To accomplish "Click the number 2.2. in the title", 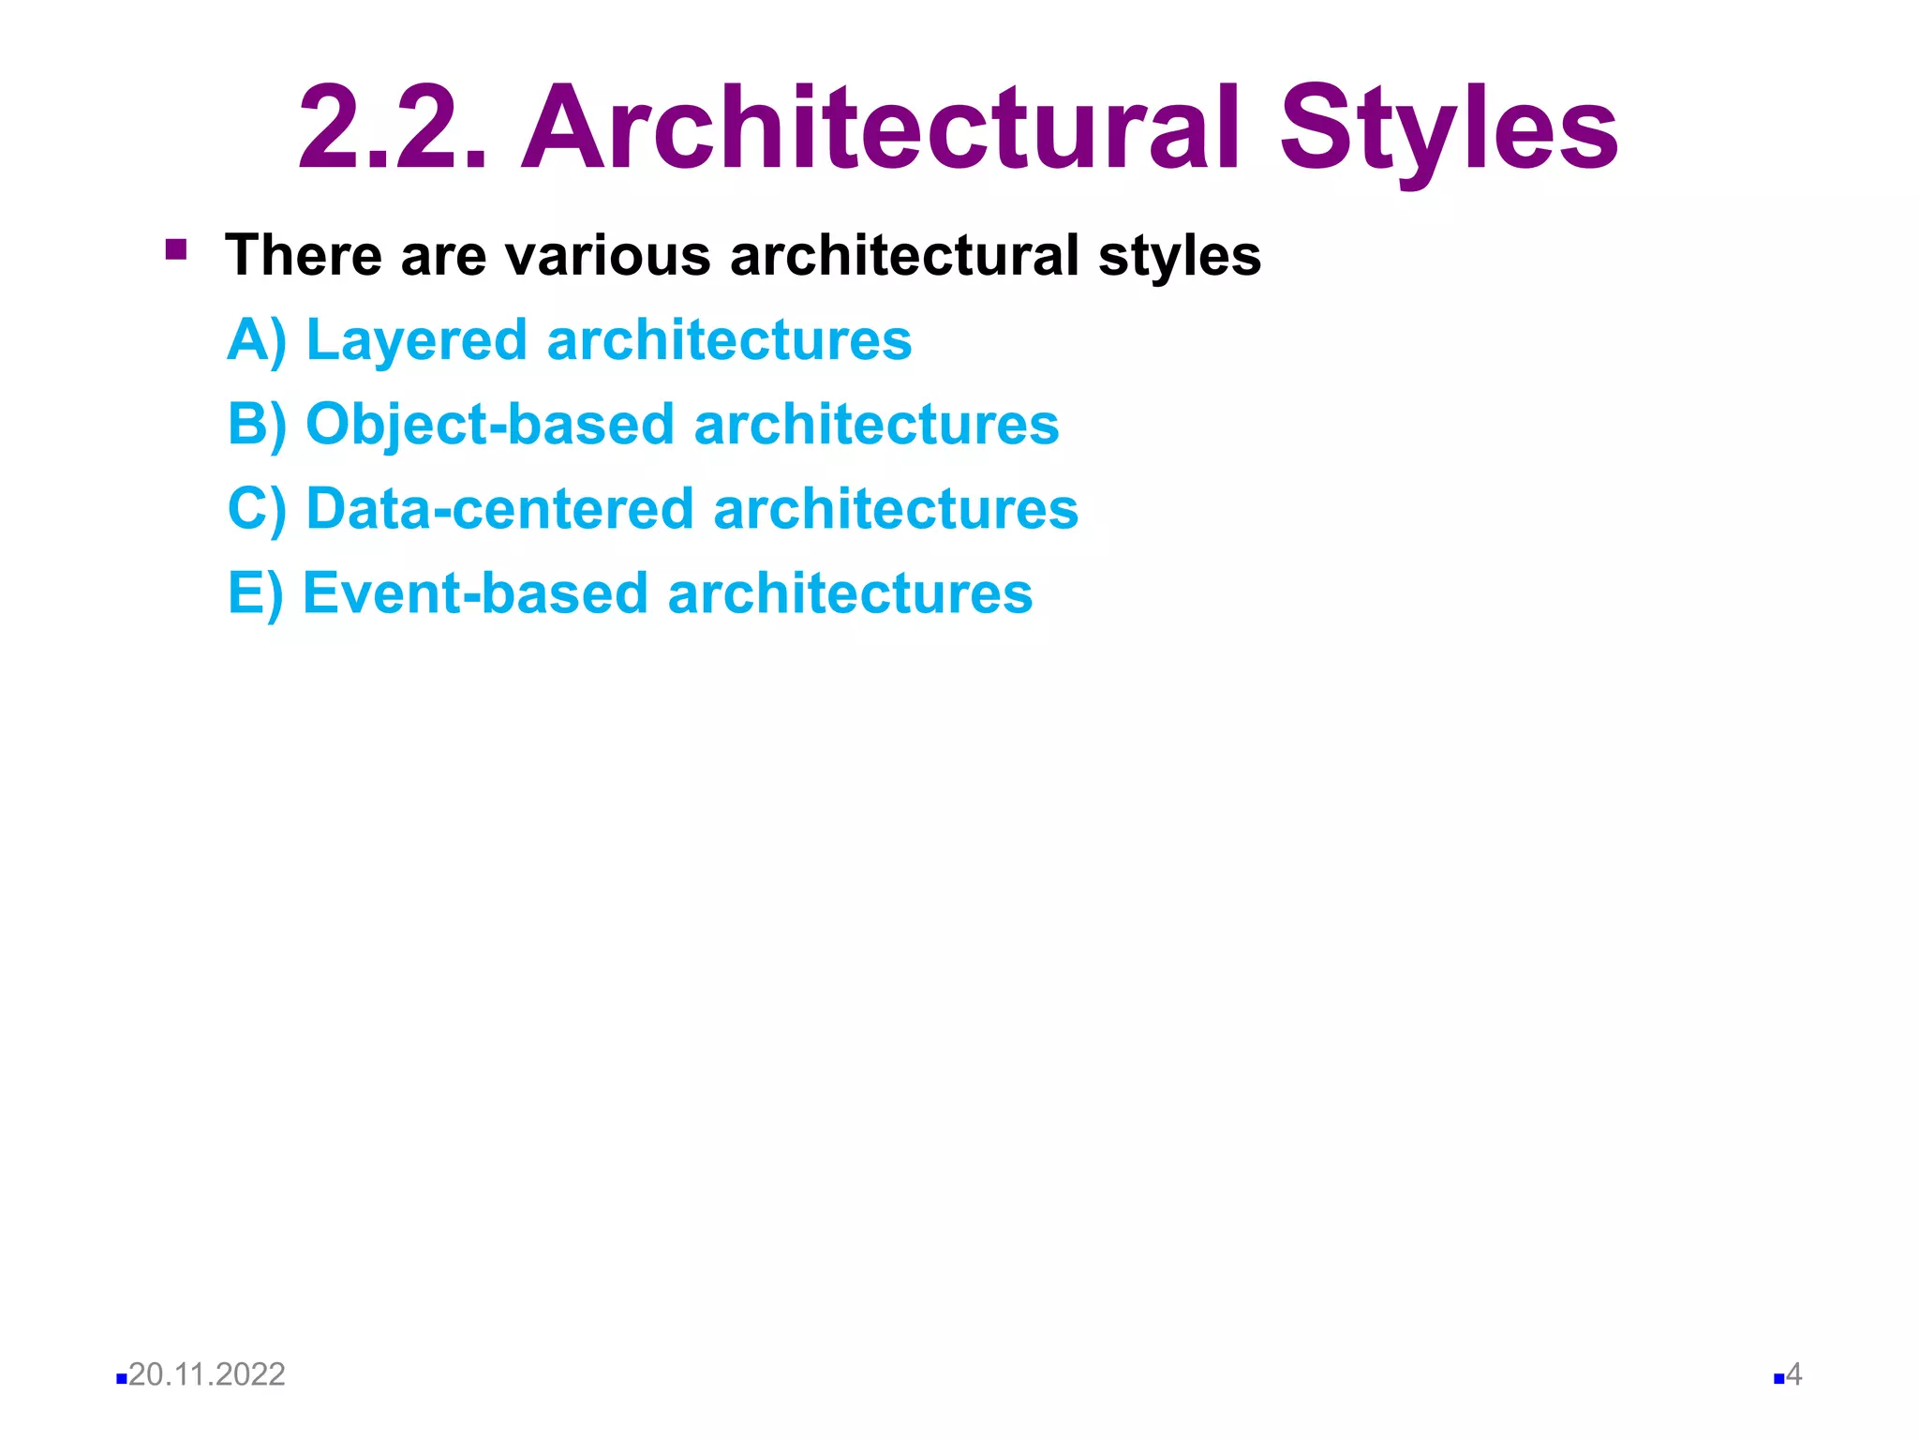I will coord(393,128).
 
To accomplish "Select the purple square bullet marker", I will coord(175,249).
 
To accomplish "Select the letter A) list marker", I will coord(256,339).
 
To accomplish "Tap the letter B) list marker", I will coord(256,424).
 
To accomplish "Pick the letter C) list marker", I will coord(256,509).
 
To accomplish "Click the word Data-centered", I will coord(499,509).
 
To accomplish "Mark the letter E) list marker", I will coord(255,593).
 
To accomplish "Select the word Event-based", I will coord(475,593).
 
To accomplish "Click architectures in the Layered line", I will coord(729,339).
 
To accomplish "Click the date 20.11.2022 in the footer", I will coord(206,1374).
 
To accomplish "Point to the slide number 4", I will coord(1793,1375).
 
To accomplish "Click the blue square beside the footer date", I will coord(121,1379).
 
